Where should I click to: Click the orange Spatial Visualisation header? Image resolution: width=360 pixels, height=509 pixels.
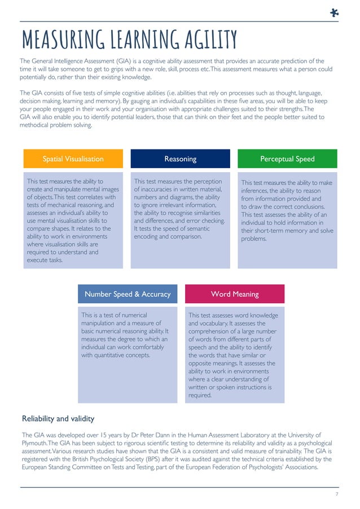point(73,159)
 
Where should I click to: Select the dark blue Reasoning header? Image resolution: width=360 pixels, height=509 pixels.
point(180,159)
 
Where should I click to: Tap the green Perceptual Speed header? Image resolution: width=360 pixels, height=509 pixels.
point(287,159)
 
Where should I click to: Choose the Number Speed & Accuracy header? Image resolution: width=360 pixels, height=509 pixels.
point(128,294)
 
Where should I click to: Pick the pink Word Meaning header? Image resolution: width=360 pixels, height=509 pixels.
point(235,294)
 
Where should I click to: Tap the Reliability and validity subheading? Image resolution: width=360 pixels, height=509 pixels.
point(58,419)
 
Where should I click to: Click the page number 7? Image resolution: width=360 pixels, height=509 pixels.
point(336,494)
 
